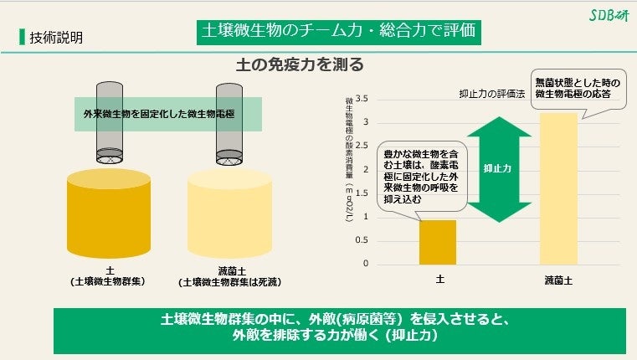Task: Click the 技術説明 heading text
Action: [55, 38]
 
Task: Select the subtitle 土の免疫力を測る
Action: [302, 64]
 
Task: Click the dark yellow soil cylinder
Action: [108, 215]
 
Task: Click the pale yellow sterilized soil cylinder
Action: [229, 215]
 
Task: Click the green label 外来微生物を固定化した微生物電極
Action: [170, 112]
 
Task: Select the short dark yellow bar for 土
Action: [438, 242]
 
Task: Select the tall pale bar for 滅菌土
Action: [558, 189]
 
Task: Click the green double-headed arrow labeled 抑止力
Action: [498, 169]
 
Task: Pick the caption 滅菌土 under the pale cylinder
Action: [228, 270]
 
